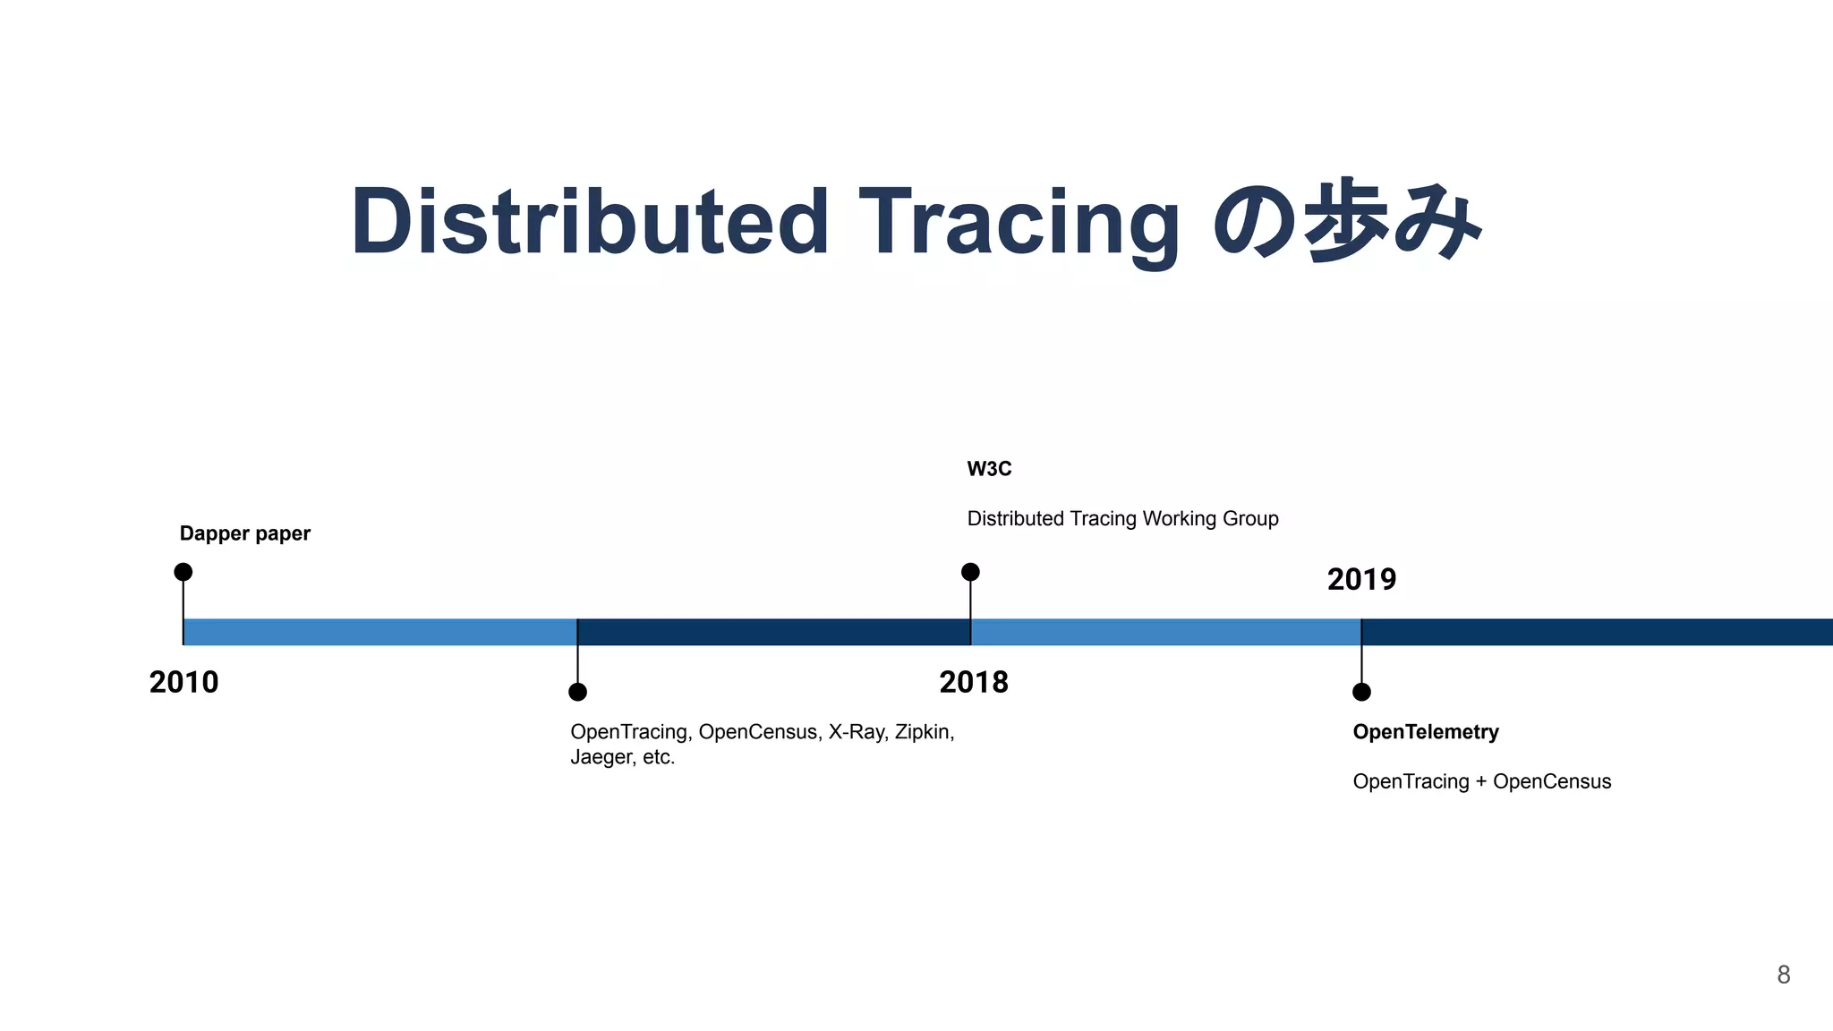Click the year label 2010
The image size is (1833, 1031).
pyautogui.click(x=183, y=683)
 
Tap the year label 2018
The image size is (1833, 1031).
pyautogui.click(x=974, y=683)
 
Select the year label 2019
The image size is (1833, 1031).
pyautogui.click(x=1361, y=580)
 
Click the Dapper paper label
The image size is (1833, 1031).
pyautogui.click(x=244, y=533)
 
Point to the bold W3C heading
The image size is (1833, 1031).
pyautogui.click(x=989, y=469)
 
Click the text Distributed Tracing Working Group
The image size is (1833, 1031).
pyautogui.click(x=1122, y=519)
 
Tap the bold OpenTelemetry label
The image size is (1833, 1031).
pyautogui.click(x=1426, y=732)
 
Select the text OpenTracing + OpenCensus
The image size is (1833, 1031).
pyautogui.click(x=1481, y=781)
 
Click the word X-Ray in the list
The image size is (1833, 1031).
pyautogui.click(x=857, y=732)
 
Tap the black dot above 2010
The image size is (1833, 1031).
pyautogui.click(x=183, y=572)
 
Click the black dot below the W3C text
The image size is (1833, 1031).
pyautogui.click(x=970, y=572)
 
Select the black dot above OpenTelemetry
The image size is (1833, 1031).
pyautogui.click(x=1361, y=692)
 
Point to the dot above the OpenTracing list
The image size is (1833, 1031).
pyautogui.click(x=578, y=692)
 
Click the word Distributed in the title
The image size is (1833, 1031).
pyautogui.click(x=590, y=222)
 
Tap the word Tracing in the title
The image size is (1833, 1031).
pyautogui.click(x=1019, y=222)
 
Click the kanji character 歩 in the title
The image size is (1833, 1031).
pyautogui.click(x=1346, y=220)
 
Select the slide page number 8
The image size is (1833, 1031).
pyautogui.click(x=1783, y=975)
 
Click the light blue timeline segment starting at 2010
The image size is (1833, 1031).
pyautogui.click(x=380, y=632)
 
